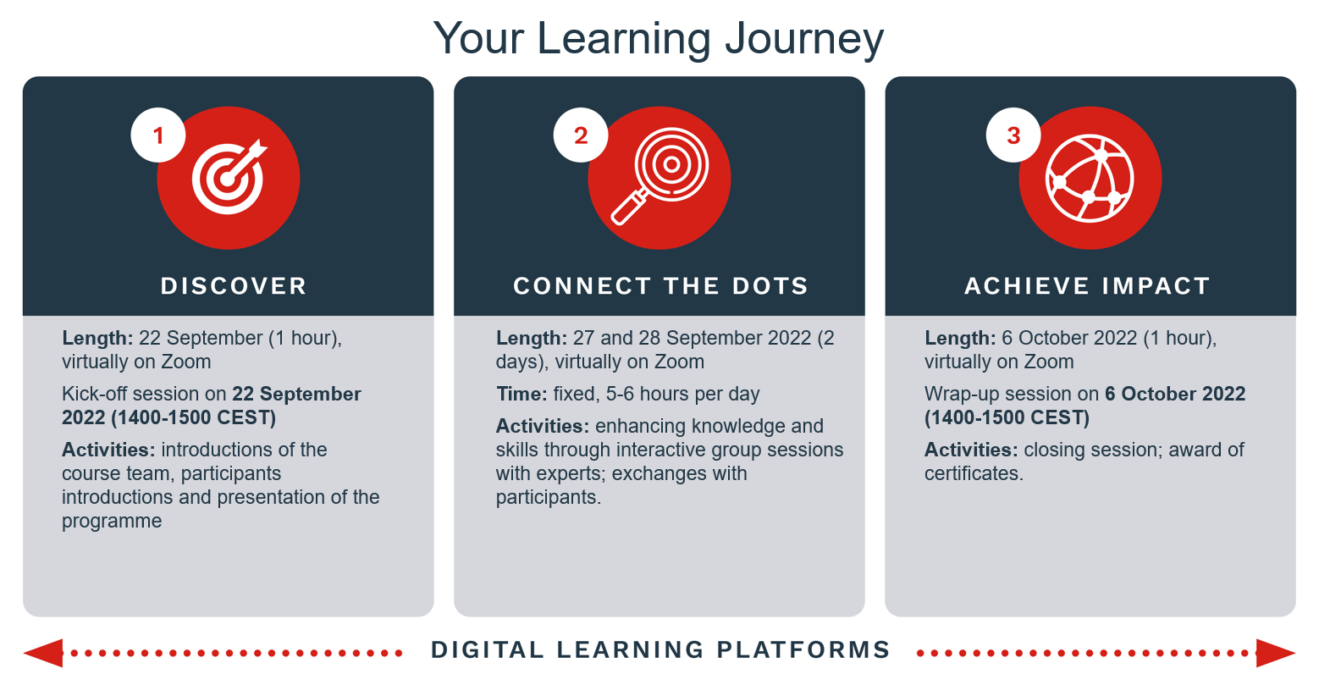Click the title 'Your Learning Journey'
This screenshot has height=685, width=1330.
pyautogui.click(x=659, y=39)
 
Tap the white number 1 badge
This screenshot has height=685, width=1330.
pyautogui.click(x=158, y=135)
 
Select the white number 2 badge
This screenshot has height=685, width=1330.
pyautogui.click(x=581, y=135)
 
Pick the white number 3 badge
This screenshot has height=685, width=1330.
pyautogui.click(x=1013, y=135)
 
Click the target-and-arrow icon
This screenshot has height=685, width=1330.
pyautogui.click(x=229, y=177)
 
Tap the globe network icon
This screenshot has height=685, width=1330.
pyautogui.click(x=1090, y=179)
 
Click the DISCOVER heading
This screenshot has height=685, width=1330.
pyautogui.click(x=234, y=286)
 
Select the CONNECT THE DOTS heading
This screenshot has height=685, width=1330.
pyautogui.click(x=661, y=286)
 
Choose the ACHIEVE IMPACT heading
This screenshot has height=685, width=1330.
pyautogui.click(x=1087, y=286)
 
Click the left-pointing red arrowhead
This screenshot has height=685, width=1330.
pyautogui.click(x=43, y=653)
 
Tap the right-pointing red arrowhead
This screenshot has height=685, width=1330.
pyautogui.click(x=1276, y=653)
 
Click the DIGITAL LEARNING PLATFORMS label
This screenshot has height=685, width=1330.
pyautogui.click(x=661, y=650)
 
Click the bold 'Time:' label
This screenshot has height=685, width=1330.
pyautogui.click(x=522, y=394)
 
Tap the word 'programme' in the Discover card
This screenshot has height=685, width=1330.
pyautogui.click(x=112, y=522)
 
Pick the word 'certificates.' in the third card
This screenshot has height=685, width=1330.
pyautogui.click(x=974, y=473)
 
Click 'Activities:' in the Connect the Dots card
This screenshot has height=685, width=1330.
pyautogui.click(x=542, y=426)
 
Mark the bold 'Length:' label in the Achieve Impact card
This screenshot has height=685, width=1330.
pyautogui.click(x=960, y=339)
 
